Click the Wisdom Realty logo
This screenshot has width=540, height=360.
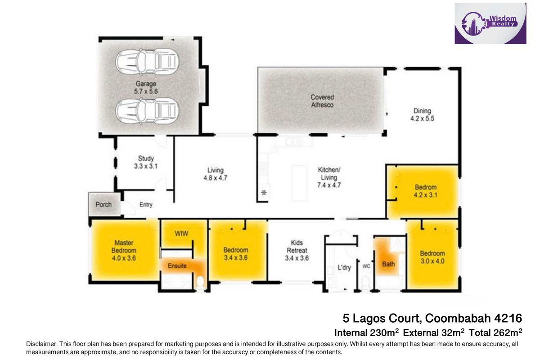pyautogui.click(x=490, y=23)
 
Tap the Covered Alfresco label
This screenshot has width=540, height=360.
pyautogui.click(x=322, y=101)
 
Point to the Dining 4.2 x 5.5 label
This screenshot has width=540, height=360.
pyautogui.click(x=422, y=115)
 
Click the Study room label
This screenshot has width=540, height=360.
pyautogui.click(x=146, y=162)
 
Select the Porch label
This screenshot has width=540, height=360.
pyautogui.click(x=103, y=204)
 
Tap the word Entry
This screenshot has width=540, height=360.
pyautogui.click(x=146, y=205)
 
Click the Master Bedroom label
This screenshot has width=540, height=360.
pyautogui.click(x=124, y=251)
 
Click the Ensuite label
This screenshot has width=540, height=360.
pyautogui.click(x=177, y=266)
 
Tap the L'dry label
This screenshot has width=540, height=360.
pyautogui.click(x=344, y=267)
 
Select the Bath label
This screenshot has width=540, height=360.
pyautogui.click(x=388, y=264)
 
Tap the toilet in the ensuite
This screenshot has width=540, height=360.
pyautogui.click(x=200, y=283)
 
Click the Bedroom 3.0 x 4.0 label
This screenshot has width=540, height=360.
pyautogui.click(x=432, y=256)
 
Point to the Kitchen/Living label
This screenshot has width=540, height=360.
pyautogui.click(x=329, y=177)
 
